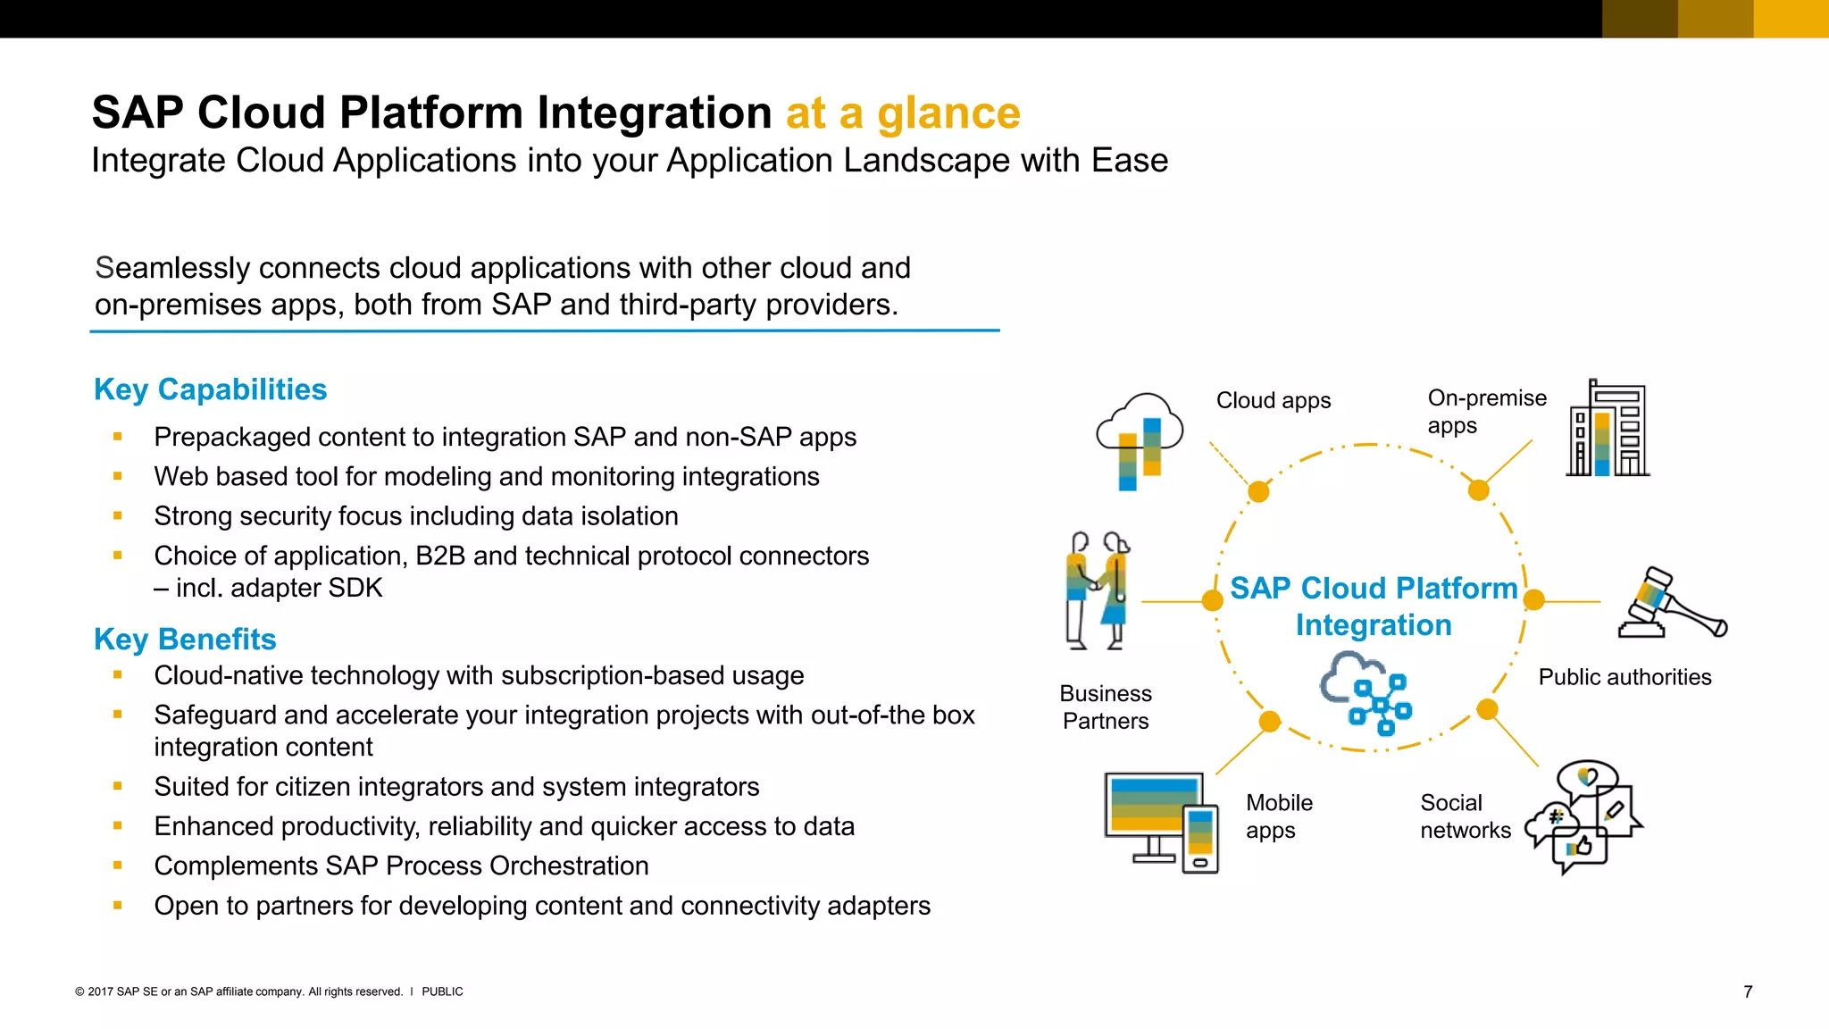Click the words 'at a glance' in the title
pos(902,113)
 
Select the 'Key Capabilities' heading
pos(210,389)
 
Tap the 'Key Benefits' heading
pos(185,640)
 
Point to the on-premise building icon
pos(1608,430)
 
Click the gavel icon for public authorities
pos(1671,604)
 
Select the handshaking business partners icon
pos(1098,590)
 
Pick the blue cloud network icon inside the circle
pos(1365,693)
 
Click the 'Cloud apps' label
pos(1273,401)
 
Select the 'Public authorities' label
pos(1624,677)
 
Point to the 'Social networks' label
pos(1465,816)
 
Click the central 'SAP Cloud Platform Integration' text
pos(1373,607)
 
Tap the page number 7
pos(1748,991)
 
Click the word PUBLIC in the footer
pos(442,991)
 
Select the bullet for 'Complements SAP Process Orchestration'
pos(118,866)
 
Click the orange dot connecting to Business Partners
pos(1212,601)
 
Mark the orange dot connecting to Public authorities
pos(1533,600)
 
